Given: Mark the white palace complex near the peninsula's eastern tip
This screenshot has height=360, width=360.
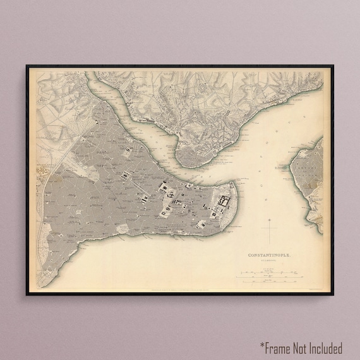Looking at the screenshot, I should (x=223, y=202).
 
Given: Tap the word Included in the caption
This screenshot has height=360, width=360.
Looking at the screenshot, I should (x=327, y=347).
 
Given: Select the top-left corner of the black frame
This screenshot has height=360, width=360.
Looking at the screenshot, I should (x=27, y=66).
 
